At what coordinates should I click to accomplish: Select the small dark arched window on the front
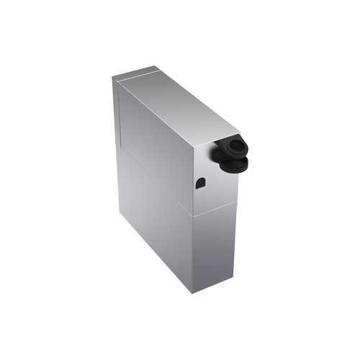(x=200, y=183)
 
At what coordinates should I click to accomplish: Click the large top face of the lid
(x=176, y=112)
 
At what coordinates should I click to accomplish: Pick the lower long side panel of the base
(x=155, y=223)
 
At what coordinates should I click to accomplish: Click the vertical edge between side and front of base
(x=194, y=252)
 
